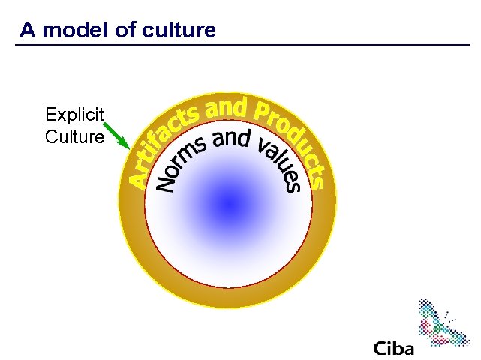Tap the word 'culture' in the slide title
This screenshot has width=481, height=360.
(179, 30)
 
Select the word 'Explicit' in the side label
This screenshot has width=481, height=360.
(74, 115)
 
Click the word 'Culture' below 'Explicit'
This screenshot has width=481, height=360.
(74, 137)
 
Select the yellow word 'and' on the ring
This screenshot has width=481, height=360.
(226, 109)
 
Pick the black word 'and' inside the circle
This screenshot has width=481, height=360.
(232, 139)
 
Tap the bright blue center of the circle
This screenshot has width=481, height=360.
(227, 203)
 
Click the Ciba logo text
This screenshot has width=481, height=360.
(393, 349)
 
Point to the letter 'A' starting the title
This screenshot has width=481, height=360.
(27, 30)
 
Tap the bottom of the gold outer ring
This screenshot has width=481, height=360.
(227, 298)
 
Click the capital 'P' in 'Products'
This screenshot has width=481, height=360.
(262, 113)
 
